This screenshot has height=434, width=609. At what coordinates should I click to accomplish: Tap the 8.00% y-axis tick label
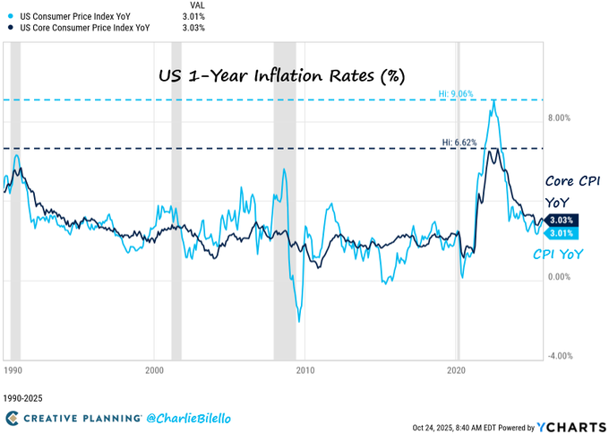click(558, 117)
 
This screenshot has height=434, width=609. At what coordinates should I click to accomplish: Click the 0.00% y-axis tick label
click(558, 276)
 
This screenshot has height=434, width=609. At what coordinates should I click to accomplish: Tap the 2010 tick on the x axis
click(305, 369)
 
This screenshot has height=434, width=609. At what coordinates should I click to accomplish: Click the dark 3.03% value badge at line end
click(562, 220)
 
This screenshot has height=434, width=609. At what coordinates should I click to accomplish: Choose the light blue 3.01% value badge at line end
click(562, 233)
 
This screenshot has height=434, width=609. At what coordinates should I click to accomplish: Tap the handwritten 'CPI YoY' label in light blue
click(561, 255)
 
